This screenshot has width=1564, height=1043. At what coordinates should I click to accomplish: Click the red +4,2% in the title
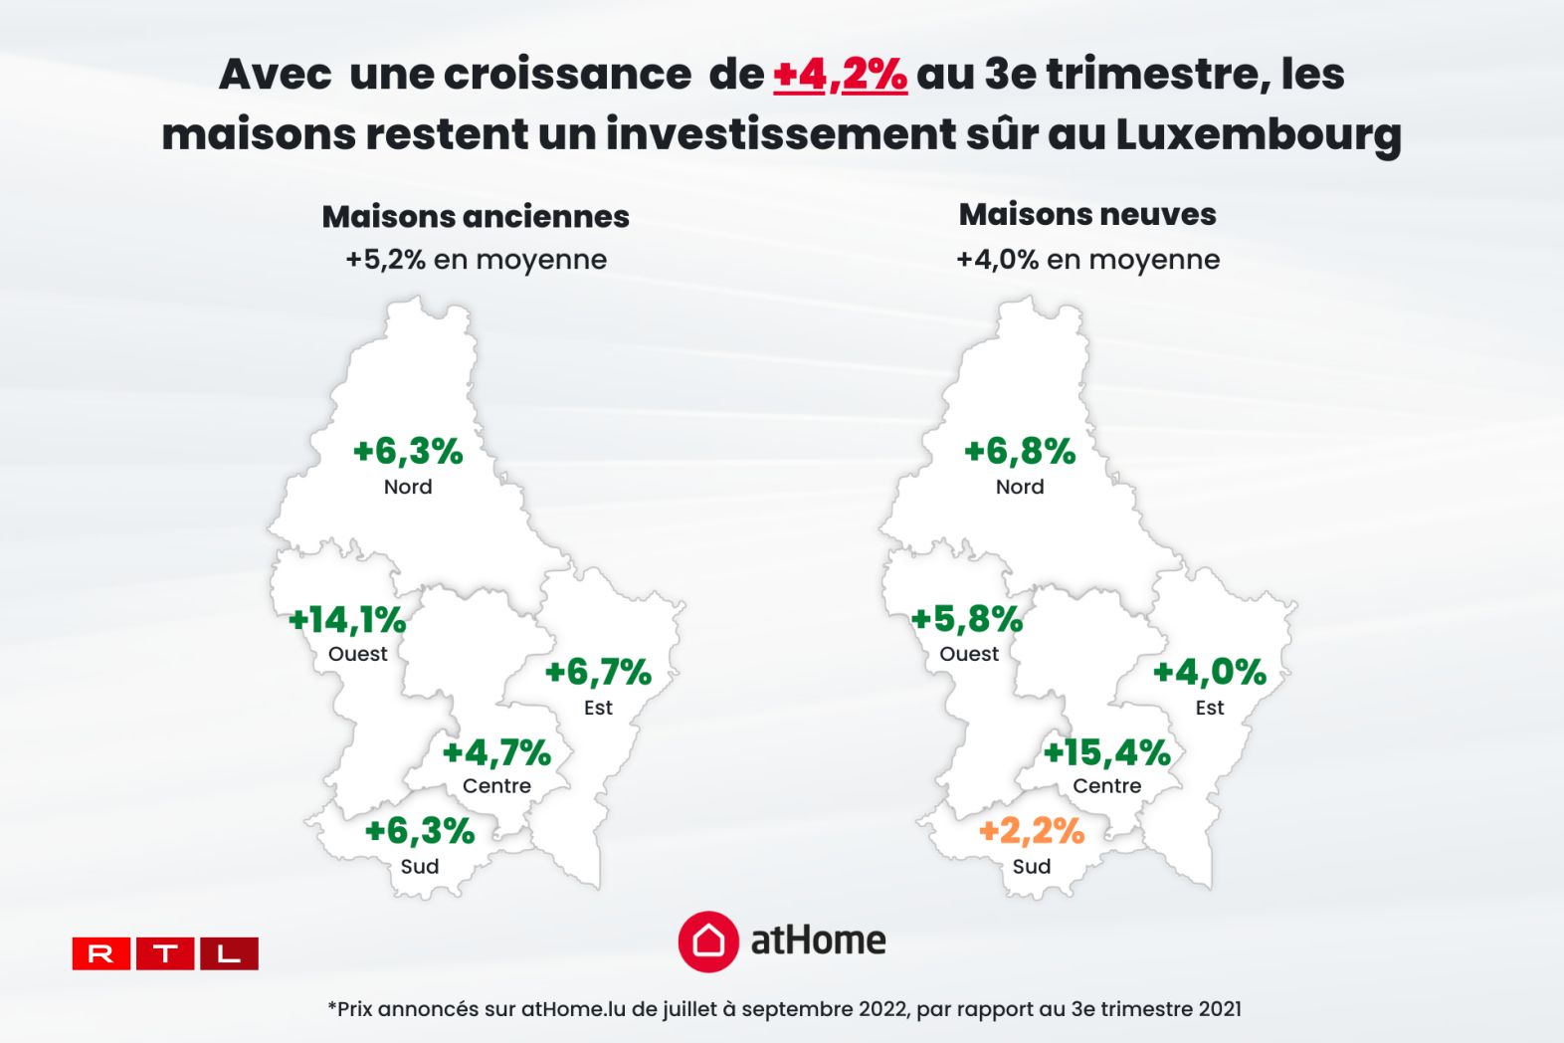[x=840, y=75]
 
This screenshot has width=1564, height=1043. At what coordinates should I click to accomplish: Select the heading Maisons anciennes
[x=476, y=216]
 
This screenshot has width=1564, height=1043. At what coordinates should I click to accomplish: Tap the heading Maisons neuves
[x=1087, y=214]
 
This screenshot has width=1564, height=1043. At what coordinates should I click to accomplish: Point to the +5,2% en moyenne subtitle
[x=476, y=260]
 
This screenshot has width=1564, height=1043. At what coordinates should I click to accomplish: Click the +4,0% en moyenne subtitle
[x=1087, y=260]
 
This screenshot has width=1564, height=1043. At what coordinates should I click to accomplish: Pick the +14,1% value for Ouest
[x=347, y=620]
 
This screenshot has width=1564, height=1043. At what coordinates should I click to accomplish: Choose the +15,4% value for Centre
[x=1106, y=752]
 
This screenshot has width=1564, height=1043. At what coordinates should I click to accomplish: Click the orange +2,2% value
[x=1032, y=830]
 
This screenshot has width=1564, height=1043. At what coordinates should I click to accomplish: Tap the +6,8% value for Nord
[x=1020, y=451]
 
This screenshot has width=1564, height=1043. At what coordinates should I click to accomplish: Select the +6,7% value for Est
[x=598, y=673]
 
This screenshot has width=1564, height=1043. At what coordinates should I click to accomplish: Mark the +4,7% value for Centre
[x=496, y=752]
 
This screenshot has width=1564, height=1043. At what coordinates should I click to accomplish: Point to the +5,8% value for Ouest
[x=967, y=620]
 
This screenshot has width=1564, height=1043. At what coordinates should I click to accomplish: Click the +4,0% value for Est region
[x=1210, y=673]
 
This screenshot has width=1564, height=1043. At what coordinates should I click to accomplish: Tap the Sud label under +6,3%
[x=420, y=867]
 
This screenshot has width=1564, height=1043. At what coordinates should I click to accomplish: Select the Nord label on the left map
[x=408, y=487]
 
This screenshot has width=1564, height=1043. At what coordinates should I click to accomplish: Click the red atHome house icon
[x=708, y=940]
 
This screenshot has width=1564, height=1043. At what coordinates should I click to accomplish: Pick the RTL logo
[x=165, y=953]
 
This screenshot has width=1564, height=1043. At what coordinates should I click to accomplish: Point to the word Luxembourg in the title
[x=1258, y=135]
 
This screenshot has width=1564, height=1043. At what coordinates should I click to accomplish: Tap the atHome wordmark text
[x=818, y=940]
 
